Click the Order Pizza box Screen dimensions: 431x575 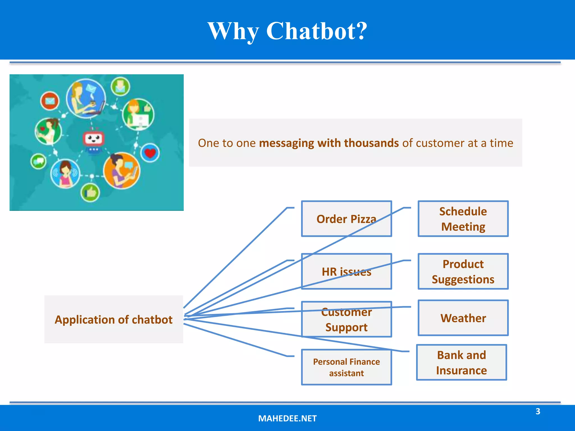346,219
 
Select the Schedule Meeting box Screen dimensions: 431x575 463,219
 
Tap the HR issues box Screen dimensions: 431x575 346,272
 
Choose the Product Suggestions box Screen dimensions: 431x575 463,272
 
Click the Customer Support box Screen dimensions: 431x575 346,320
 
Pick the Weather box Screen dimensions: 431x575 463,318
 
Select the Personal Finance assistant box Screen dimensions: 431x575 346,367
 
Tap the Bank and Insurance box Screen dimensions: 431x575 461,363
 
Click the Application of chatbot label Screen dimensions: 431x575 114,320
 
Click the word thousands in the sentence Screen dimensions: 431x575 371,143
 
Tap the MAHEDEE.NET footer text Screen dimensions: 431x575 287,418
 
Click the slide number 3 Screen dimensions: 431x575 538,411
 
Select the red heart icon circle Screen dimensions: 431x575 150,153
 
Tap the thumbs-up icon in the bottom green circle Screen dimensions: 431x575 90,192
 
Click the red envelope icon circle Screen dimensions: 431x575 50,101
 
